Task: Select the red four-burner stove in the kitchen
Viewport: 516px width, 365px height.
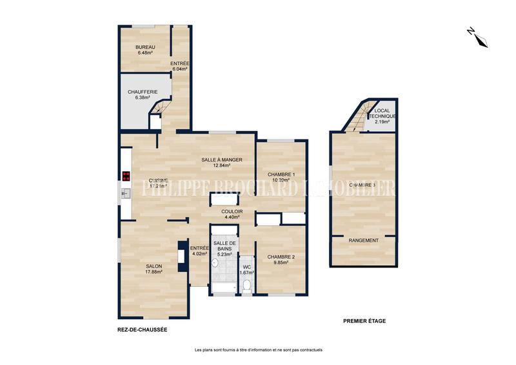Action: click(x=125, y=176)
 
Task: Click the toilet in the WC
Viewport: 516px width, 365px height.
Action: click(x=246, y=284)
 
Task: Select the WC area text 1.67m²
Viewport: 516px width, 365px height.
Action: click(x=246, y=273)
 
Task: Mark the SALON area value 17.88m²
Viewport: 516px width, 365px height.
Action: click(x=154, y=272)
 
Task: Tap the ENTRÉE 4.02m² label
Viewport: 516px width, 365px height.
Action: click(x=199, y=251)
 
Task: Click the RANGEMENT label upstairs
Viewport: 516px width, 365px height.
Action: click(x=363, y=240)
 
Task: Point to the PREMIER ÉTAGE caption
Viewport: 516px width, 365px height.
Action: click(x=364, y=321)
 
